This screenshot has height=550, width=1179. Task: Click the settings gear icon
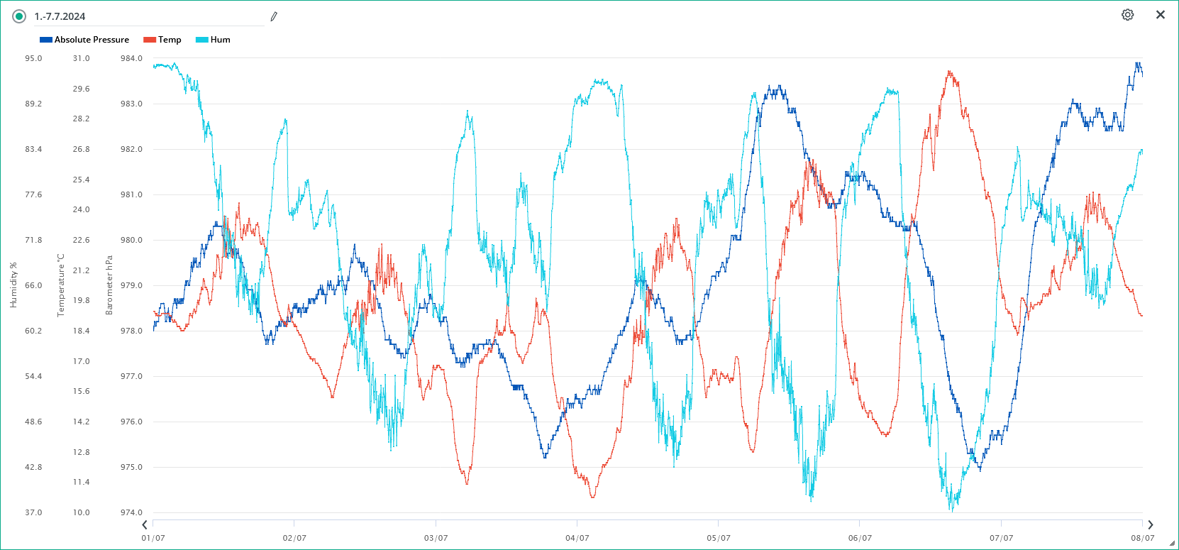pyautogui.click(x=1127, y=15)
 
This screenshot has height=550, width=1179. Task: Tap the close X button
pyautogui.click(x=1161, y=15)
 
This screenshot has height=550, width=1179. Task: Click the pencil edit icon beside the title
pyautogui.click(x=274, y=16)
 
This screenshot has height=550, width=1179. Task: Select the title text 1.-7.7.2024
pyautogui.click(x=60, y=16)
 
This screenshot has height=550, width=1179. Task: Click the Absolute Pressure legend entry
pyautogui.click(x=84, y=40)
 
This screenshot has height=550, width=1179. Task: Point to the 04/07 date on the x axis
pyautogui.click(x=577, y=538)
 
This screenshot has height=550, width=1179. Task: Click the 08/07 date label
pyautogui.click(x=1142, y=538)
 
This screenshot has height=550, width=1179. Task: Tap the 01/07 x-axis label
pyautogui.click(x=153, y=538)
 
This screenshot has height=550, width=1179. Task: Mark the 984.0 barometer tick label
pyautogui.click(x=131, y=58)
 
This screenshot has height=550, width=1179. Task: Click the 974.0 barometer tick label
pyautogui.click(x=131, y=512)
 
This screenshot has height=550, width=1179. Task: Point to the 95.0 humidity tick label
pyautogui.click(x=33, y=58)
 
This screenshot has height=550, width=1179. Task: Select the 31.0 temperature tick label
pyautogui.click(x=81, y=58)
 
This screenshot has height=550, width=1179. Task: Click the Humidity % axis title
pyautogui.click(x=13, y=285)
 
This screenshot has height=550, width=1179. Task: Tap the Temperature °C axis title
pyautogui.click(x=61, y=285)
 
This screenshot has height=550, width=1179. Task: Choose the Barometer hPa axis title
pyautogui.click(x=109, y=285)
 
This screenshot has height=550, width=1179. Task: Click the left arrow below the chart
pyautogui.click(x=145, y=525)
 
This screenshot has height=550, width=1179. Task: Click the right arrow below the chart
pyautogui.click(x=1151, y=525)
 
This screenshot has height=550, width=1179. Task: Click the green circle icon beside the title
pyautogui.click(x=19, y=16)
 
